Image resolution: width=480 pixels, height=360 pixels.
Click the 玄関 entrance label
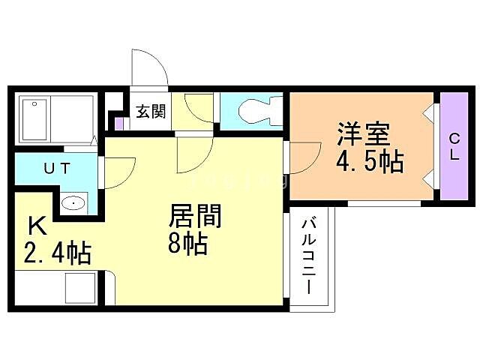point(150,112)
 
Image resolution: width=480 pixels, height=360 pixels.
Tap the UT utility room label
point(57,169)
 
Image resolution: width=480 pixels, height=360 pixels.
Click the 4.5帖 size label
point(369,162)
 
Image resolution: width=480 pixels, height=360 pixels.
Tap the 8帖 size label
point(187,244)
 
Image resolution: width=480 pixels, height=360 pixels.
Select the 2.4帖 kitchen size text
point(56,253)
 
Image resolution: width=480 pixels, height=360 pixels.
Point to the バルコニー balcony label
point(309,255)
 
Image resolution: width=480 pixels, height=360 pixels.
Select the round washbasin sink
point(73,202)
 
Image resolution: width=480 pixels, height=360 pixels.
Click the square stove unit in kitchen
point(80,288)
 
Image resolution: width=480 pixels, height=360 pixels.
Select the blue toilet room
point(251,112)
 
